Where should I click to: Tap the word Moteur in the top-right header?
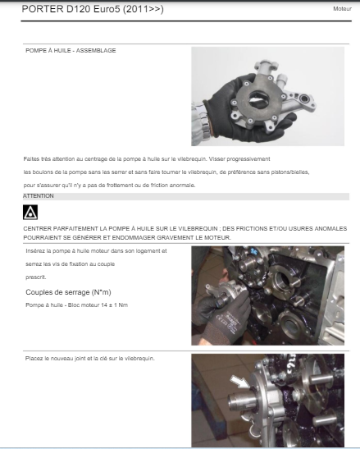pos(342,9)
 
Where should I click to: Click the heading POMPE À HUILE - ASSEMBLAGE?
pos(71,51)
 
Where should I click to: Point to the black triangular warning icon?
pos(30,212)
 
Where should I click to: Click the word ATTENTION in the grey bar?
pos(39,196)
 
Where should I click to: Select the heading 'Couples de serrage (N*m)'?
pos(68,292)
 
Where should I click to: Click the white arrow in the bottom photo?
pos(239,382)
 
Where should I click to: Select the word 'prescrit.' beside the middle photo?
pos(36,277)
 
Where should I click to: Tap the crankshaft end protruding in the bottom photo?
pos(239,401)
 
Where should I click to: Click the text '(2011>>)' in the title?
pos(144,9)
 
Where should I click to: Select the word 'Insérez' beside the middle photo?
pos(34,251)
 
